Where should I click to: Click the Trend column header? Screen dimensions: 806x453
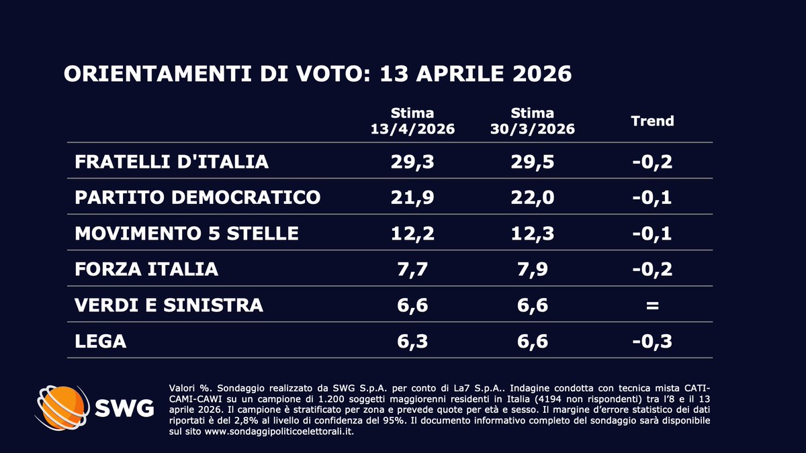652,121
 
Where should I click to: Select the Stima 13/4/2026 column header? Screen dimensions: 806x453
412,121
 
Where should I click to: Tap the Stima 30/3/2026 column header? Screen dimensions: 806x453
532,121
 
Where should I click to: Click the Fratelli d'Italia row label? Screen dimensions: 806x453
172,162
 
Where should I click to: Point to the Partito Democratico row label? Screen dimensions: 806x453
197,197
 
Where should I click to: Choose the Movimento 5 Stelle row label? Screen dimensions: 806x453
187,234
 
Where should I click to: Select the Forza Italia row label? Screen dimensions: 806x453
146,269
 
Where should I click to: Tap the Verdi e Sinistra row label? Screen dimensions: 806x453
169,305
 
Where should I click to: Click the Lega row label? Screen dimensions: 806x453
100,341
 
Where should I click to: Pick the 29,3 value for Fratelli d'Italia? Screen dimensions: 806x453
412,162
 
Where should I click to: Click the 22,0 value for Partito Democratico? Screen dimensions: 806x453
532,198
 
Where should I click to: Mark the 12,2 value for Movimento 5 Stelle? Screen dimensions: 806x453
412,234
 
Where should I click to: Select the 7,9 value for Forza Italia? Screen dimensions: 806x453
532,270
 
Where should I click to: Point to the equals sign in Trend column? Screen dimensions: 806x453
652,305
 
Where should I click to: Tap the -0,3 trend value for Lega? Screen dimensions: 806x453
652,342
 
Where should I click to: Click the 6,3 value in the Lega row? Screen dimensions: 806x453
412,342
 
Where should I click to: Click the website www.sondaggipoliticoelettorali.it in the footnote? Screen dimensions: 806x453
279,432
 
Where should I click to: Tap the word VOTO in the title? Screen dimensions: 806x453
333,74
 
